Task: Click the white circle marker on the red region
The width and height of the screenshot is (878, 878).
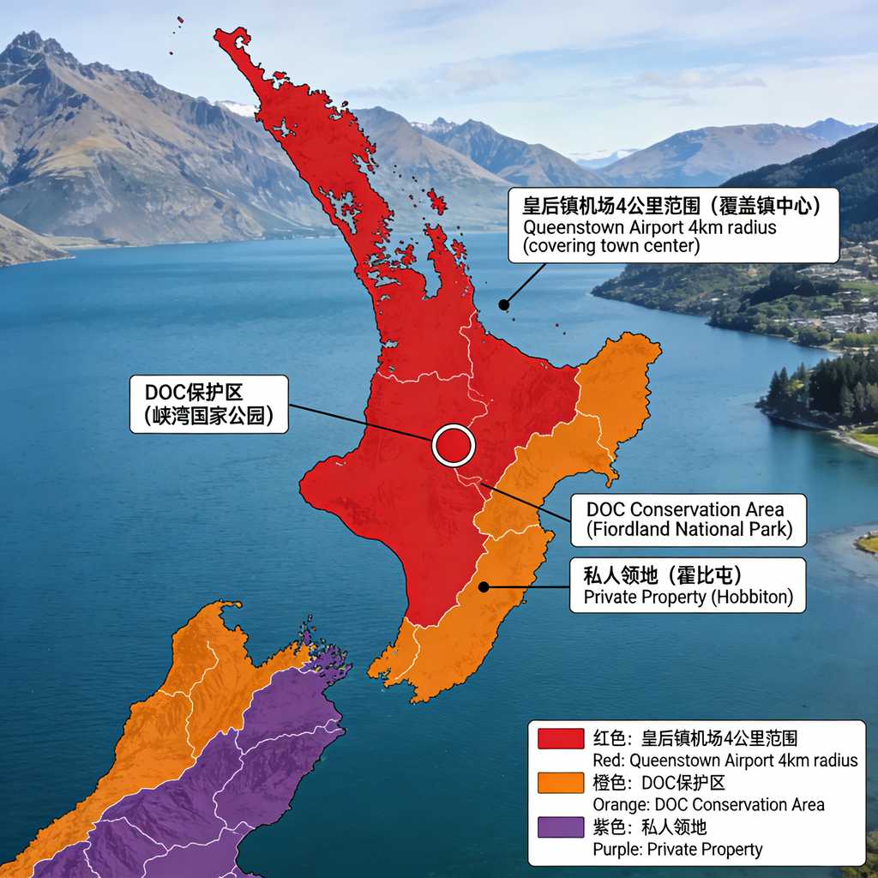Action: pos(454,445)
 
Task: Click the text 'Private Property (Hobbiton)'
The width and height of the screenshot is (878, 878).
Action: pos(688,597)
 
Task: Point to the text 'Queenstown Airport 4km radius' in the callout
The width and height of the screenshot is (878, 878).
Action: pos(649,227)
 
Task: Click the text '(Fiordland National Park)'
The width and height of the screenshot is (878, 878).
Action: pos(689,529)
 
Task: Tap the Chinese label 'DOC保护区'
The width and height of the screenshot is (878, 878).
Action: pos(194,393)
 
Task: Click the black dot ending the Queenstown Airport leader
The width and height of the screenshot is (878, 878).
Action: pos(504,304)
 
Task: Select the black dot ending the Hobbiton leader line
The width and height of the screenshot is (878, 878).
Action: pos(484,587)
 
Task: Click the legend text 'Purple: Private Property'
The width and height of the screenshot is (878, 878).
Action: pos(677,850)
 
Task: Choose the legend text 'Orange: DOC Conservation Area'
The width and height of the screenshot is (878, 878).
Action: pos(708,805)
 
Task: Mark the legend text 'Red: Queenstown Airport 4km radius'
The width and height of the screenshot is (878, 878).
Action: pos(725,761)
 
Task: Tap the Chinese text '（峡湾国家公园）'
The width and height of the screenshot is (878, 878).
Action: pos(208,417)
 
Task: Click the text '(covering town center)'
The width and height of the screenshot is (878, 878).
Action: pos(611,246)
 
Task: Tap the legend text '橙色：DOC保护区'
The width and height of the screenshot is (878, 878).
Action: pos(659,783)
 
